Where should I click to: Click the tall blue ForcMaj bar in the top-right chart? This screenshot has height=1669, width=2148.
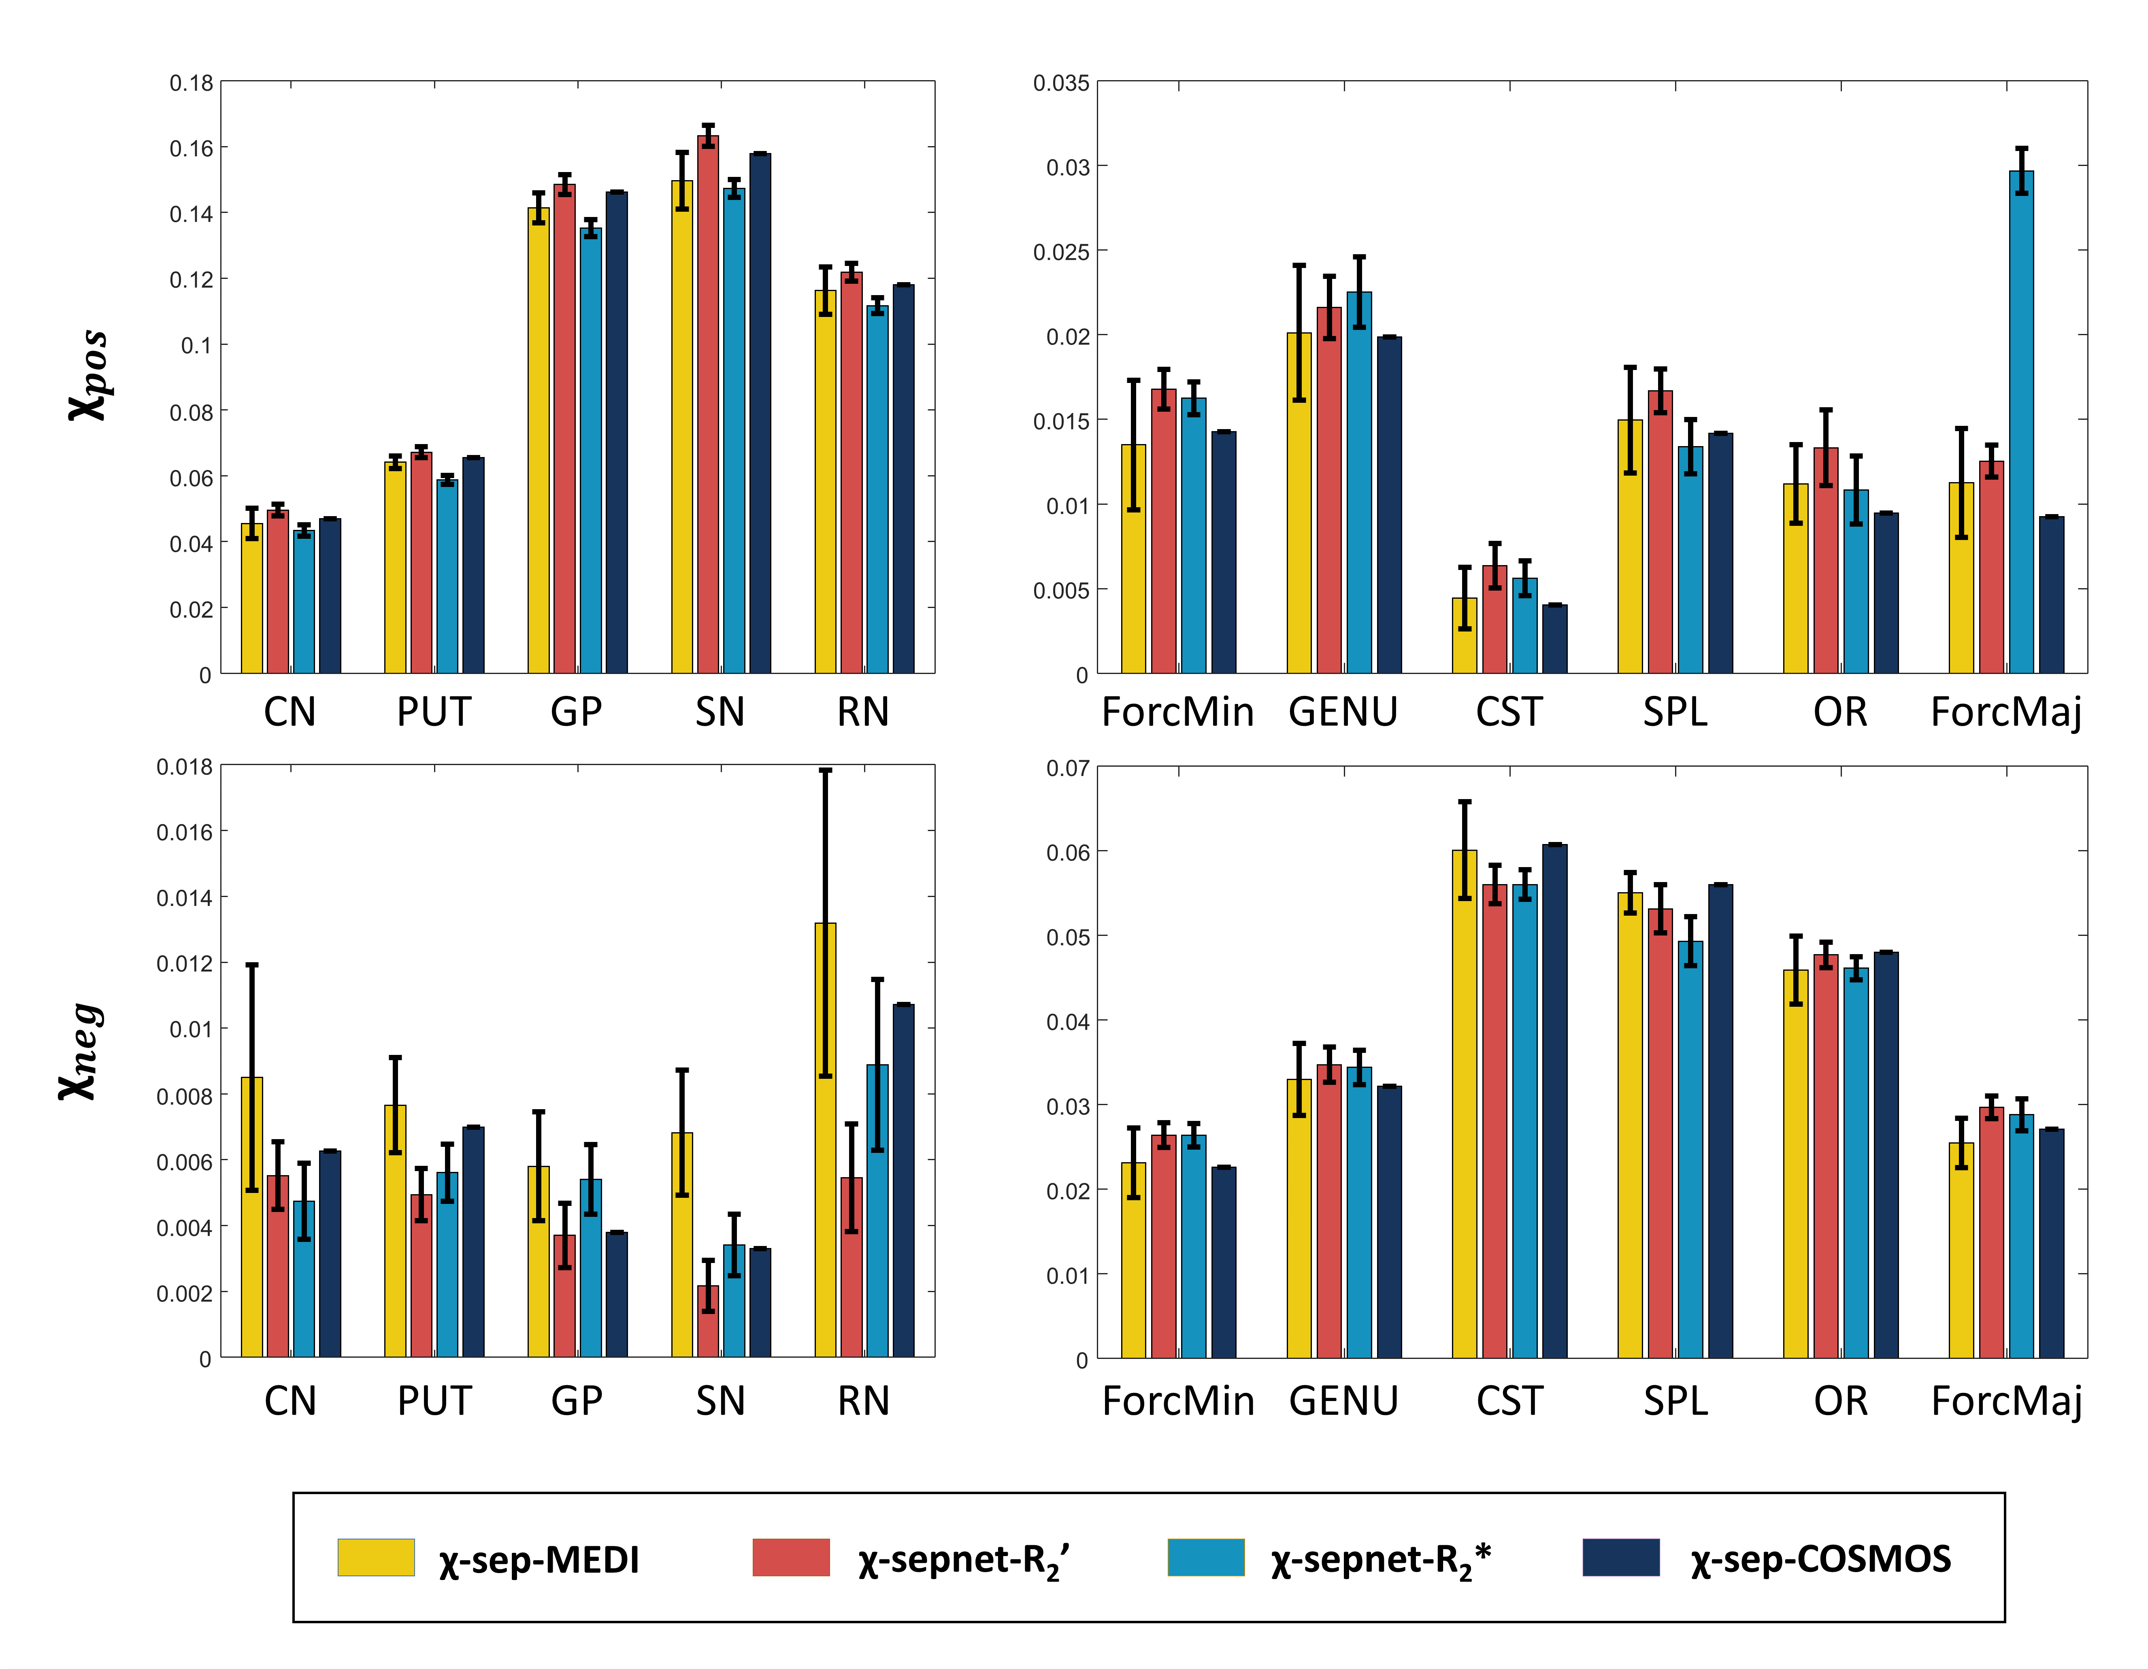[x=2021, y=423]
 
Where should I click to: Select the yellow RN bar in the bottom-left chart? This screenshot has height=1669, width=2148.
[x=825, y=1141]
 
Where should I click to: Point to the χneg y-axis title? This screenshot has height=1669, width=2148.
[x=81, y=1052]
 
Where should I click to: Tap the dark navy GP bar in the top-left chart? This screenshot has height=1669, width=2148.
[x=617, y=433]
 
